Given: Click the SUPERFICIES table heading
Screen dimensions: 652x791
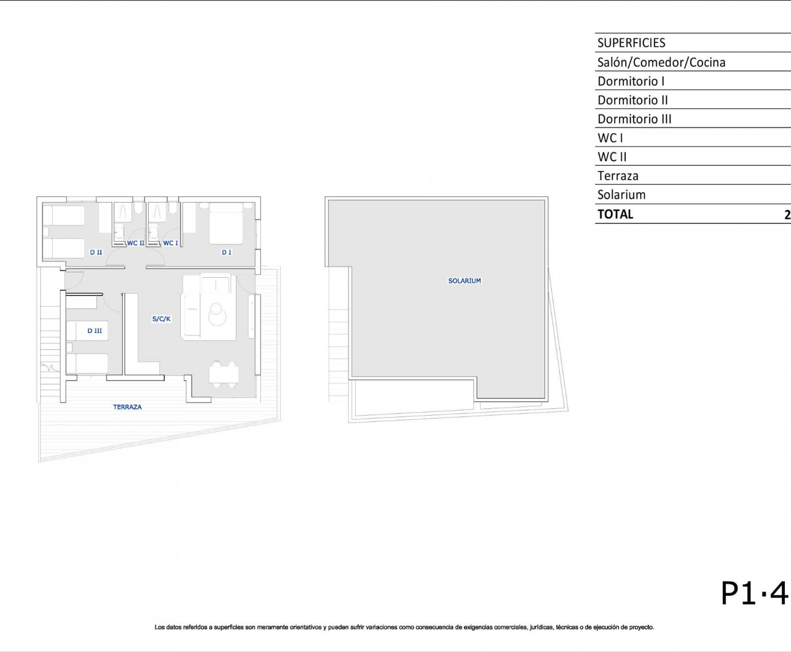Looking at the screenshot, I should [631, 43].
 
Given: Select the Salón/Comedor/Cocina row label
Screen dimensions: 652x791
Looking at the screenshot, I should [661, 62].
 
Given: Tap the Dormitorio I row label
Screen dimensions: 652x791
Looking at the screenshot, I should [631, 81].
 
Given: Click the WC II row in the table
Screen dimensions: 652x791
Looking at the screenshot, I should [612, 156].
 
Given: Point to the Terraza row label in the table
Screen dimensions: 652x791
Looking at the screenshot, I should [617, 176].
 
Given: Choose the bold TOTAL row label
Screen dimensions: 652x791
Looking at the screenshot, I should [615, 214].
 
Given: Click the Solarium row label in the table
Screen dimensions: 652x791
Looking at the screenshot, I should [621, 195].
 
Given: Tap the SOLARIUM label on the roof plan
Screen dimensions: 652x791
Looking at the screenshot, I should [464, 281].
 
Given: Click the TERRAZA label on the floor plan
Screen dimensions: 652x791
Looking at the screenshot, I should [127, 407].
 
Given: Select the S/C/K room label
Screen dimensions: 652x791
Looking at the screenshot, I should [161, 319].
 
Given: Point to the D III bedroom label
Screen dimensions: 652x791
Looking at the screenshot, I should [94, 331].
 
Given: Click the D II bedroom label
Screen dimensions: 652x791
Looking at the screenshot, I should [96, 252].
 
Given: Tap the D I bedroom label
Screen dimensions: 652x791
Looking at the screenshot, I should [226, 252].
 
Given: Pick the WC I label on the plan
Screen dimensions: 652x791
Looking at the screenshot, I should [170, 243].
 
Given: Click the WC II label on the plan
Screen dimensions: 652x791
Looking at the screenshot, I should [135, 243].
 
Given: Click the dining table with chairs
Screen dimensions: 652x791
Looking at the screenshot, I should [223, 374].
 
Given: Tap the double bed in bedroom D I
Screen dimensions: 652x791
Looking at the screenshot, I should [226, 223].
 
